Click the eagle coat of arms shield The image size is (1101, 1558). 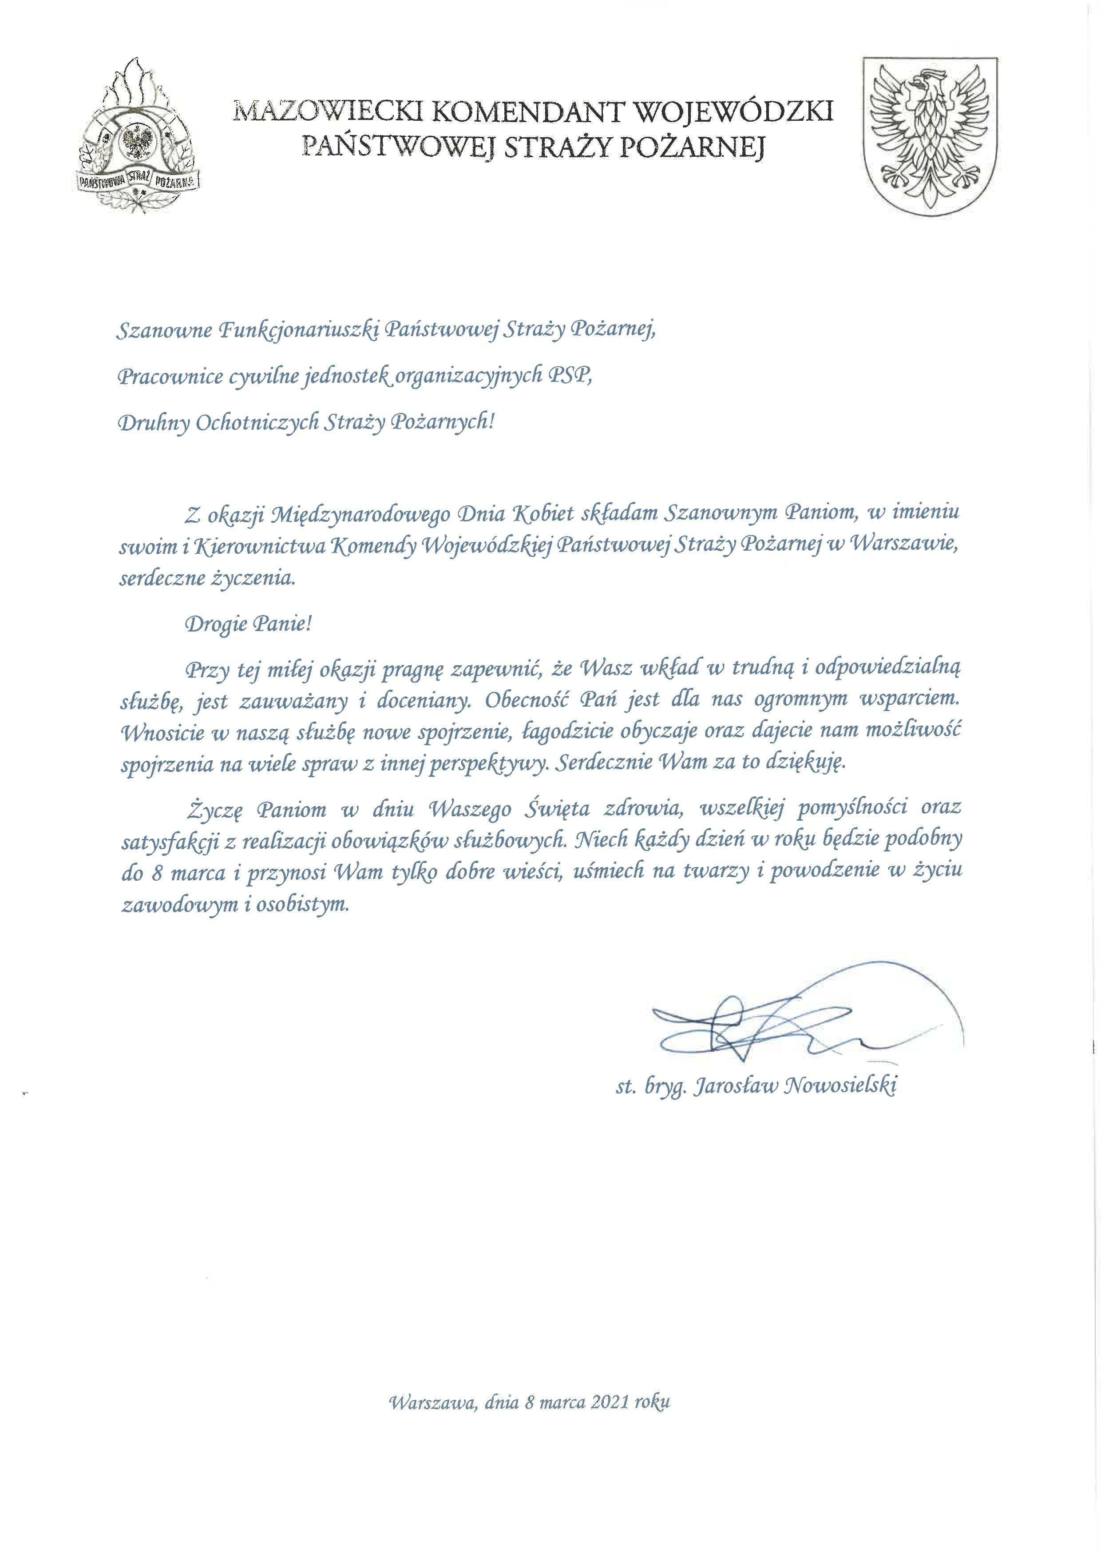pos(929,136)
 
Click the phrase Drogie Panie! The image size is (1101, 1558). pos(248,623)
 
